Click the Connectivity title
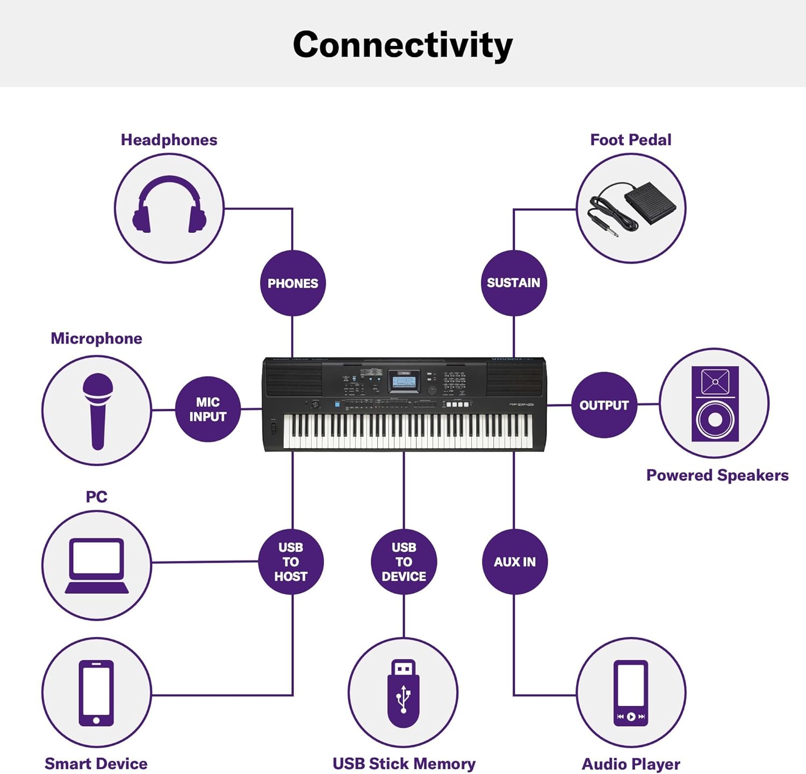(x=402, y=45)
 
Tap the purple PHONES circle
(x=293, y=283)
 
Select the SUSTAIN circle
(x=514, y=283)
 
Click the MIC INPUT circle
(x=208, y=409)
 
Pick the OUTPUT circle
(x=604, y=405)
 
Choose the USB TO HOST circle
(x=291, y=562)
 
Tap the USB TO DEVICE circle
(x=404, y=562)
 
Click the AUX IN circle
(x=515, y=562)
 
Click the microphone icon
(x=98, y=411)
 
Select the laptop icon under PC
(x=97, y=566)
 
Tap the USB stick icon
(x=403, y=693)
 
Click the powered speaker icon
(x=715, y=404)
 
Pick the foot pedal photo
(x=631, y=209)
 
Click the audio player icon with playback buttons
(x=631, y=693)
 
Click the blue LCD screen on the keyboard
(x=404, y=382)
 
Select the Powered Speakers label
(x=717, y=475)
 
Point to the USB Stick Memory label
(x=404, y=764)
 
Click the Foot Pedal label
(x=631, y=140)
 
